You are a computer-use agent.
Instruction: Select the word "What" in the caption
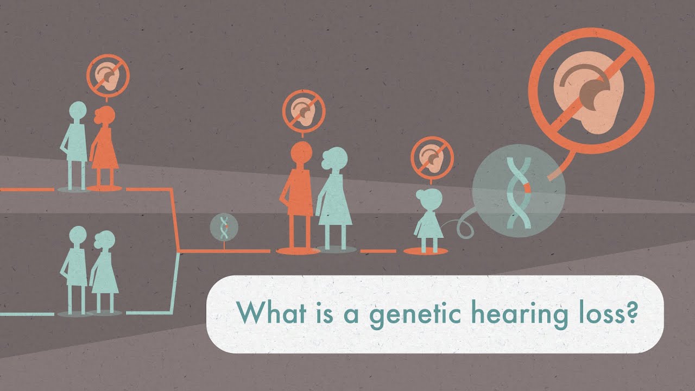pos(271,312)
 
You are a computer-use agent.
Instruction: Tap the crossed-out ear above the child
pos(432,159)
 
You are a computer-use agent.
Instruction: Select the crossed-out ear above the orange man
pos(304,111)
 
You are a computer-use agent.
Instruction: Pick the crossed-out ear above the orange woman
pos(108,75)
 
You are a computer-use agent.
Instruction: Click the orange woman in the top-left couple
pos(104,147)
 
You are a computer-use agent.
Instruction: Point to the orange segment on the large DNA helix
pos(527,188)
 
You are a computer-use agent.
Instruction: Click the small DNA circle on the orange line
pos(224,227)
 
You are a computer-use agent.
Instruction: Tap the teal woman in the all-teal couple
pos(104,271)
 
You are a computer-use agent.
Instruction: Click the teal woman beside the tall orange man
pos(334,199)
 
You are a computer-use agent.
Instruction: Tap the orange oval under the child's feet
pos(425,251)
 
